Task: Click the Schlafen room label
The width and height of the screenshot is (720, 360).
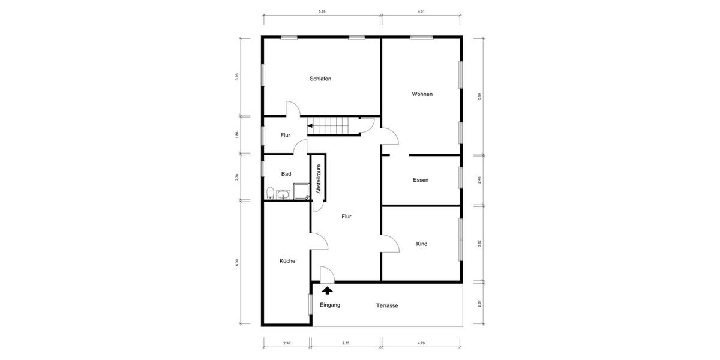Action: [x=320, y=79]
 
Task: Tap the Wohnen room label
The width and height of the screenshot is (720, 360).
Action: [x=422, y=94]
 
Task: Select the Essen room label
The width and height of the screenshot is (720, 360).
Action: [x=421, y=180]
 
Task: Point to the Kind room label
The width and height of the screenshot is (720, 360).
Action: [x=422, y=244]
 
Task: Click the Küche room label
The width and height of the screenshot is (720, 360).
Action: [x=287, y=261]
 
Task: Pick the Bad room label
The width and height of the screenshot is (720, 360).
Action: [x=286, y=174]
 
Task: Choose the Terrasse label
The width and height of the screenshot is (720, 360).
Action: [x=387, y=305]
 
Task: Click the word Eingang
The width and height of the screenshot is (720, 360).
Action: [x=330, y=305]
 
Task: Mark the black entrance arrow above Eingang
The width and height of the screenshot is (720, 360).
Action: [x=328, y=291]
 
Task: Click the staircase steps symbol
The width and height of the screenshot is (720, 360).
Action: [x=333, y=126]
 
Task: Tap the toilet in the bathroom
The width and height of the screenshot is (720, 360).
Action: [x=271, y=193]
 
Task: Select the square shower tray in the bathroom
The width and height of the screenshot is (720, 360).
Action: [x=300, y=192]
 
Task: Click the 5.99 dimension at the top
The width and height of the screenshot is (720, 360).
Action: [x=322, y=11]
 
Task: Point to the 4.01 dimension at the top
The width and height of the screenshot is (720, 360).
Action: [x=421, y=11]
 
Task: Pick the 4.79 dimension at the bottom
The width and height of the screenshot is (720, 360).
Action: [x=421, y=343]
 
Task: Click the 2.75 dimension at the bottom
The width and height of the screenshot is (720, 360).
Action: [x=346, y=343]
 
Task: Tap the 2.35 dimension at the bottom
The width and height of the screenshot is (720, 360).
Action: [x=287, y=343]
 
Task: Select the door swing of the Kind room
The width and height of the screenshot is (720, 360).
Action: [x=390, y=242]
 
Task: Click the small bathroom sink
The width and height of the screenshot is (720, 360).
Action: [x=283, y=194]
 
